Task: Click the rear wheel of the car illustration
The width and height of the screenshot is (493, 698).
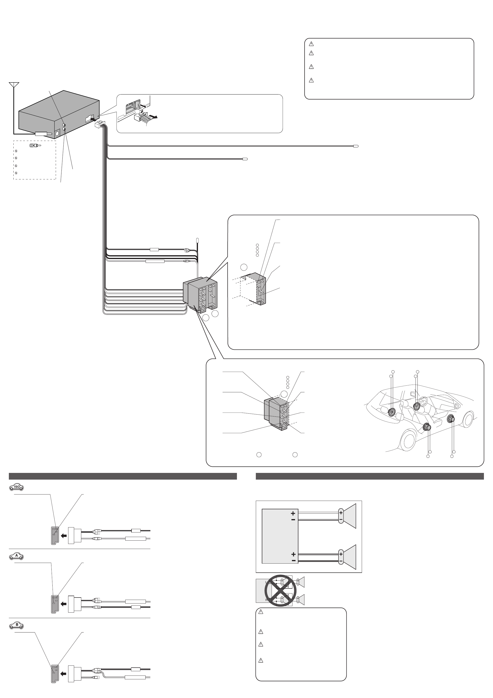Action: tap(408, 439)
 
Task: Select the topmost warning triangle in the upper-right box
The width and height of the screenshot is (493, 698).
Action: tap(311, 44)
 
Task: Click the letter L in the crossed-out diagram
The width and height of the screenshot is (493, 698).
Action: tap(267, 582)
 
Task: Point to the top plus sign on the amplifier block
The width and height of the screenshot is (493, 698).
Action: tap(293, 513)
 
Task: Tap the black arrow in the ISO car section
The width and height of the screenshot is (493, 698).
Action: tap(64, 536)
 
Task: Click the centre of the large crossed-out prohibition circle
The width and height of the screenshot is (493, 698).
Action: tap(280, 590)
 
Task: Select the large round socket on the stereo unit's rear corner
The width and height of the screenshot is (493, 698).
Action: tap(57, 133)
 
